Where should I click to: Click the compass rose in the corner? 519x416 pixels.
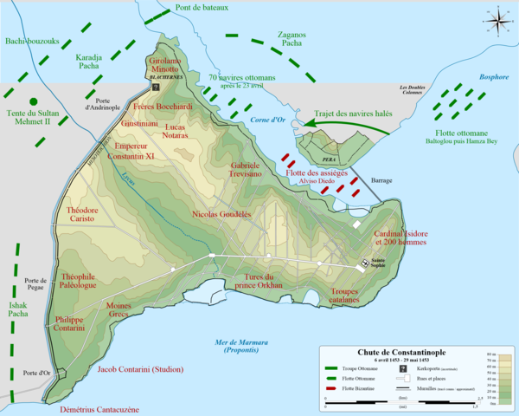pos(497,18)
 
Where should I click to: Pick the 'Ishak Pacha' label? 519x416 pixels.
pos(16,311)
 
